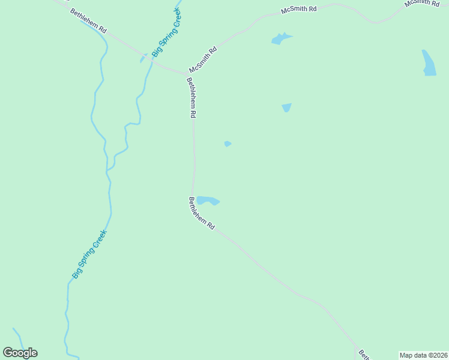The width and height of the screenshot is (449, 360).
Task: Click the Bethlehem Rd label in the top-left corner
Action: (88, 21)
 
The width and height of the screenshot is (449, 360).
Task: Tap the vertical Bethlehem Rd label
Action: (191, 98)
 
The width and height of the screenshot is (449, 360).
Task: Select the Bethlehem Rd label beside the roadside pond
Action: (202, 214)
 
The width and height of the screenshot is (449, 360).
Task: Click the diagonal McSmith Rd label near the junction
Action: (202, 60)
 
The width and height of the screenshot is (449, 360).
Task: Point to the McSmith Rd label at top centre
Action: (299, 11)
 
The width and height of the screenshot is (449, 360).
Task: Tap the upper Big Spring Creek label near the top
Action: (166, 33)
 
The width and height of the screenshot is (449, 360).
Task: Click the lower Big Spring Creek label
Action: (89, 254)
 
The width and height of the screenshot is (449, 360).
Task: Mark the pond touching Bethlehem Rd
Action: (207, 200)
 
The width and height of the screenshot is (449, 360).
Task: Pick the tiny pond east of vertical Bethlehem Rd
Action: (228, 143)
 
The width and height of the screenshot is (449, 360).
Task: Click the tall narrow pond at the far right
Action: (429, 62)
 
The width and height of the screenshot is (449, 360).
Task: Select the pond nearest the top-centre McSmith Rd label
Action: (280, 39)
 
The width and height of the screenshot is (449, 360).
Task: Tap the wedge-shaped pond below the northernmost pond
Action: (286, 107)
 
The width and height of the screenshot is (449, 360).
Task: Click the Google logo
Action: (20, 353)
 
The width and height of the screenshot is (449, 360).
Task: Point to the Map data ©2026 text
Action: (423, 355)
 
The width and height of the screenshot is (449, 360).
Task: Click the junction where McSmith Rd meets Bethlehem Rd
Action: (185, 73)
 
